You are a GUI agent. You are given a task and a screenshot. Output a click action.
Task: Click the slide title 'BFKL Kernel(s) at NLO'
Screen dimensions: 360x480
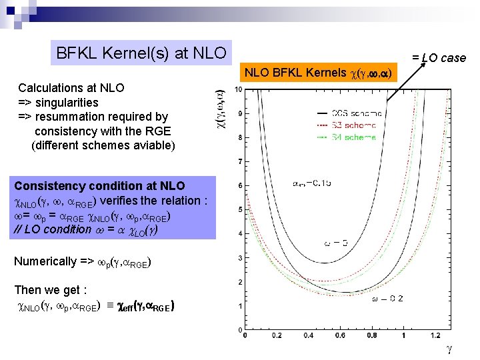141,53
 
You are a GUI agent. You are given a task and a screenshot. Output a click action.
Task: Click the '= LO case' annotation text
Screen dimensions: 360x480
438,58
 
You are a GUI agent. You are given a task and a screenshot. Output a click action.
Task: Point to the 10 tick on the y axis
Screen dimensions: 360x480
239,89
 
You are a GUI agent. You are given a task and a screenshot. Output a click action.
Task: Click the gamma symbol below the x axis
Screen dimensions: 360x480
449,349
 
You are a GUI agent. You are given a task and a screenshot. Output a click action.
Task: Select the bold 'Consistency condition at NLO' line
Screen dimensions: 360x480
99,186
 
